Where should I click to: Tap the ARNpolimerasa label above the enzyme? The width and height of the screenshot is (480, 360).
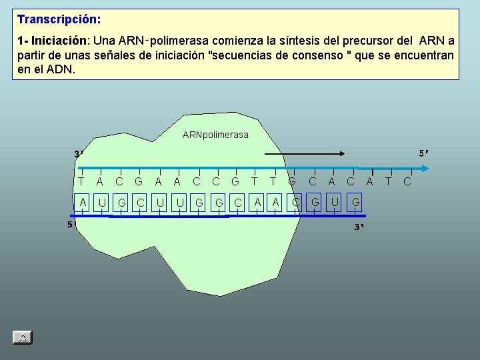[x=215, y=135]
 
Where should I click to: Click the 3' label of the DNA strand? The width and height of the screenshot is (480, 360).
[x=79, y=155]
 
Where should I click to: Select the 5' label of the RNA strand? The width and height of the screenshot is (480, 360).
[x=70, y=225]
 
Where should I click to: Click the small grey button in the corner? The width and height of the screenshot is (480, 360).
[x=22, y=338]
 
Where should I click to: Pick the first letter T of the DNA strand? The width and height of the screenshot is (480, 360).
[x=81, y=180]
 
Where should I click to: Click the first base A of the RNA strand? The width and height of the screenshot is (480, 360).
[x=83, y=201]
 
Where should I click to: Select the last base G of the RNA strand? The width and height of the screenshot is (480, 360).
[x=356, y=201]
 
